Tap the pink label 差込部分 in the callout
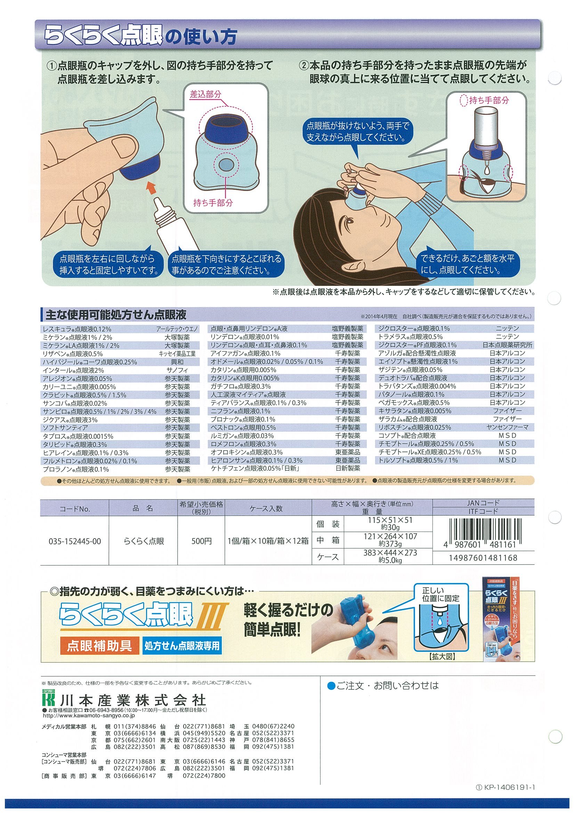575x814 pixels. pos(205,94)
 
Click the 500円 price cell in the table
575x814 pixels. pos(201,541)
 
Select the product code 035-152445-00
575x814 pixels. pos(74,541)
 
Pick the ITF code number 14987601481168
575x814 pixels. pos(483,558)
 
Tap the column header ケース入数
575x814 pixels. pos(268,508)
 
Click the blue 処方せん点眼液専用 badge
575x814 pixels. pos(182,646)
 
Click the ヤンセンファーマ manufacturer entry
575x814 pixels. pos(507,428)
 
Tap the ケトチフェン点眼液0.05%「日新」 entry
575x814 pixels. pos(256,469)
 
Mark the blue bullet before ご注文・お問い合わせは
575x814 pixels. pos(331,685)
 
